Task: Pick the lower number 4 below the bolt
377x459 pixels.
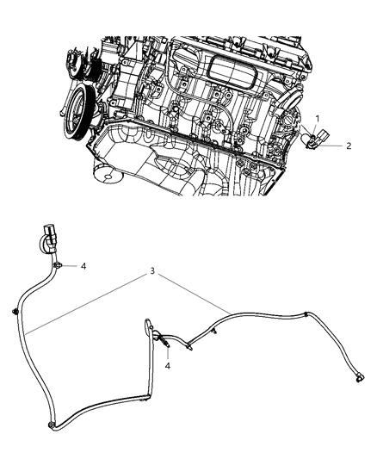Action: tap(168, 365)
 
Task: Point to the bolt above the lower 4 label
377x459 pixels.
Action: tap(163, 344)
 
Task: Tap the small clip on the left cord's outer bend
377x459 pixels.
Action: tap(16, 310)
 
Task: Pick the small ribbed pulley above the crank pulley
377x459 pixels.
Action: tap(77, 65)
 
